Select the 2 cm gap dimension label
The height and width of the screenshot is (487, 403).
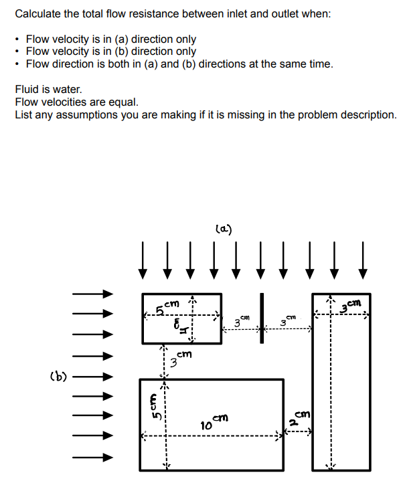298,418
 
